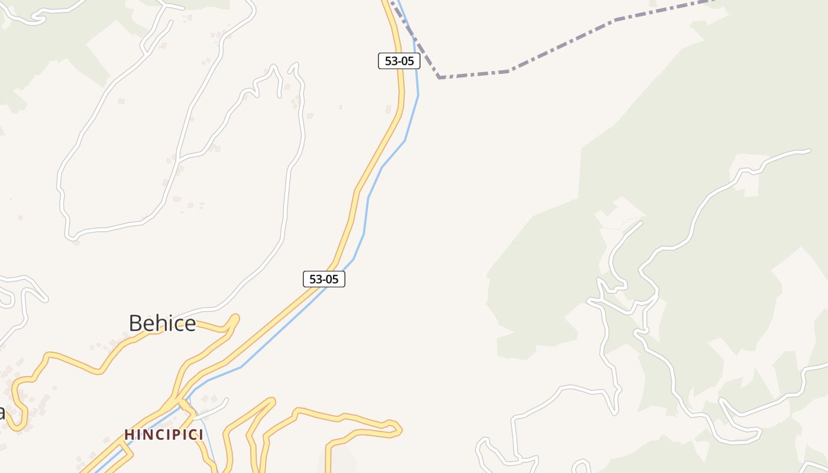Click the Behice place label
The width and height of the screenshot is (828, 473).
click(x=162, y=323)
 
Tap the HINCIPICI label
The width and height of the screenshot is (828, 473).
click(x=164, y=435)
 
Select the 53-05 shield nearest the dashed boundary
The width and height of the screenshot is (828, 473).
click(x=399, y=61)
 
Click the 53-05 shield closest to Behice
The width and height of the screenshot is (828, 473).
click(x=324, y=279)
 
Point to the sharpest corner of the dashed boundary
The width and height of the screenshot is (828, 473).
click(x=439, y=77)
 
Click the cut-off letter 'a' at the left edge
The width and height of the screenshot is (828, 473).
click(x=2, y=412)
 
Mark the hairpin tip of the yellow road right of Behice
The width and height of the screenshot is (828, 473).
click(x=236, y=318)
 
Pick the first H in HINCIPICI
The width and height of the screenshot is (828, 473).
click(x=128, y=435)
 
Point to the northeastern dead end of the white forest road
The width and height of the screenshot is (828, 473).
click(x=808, y=151)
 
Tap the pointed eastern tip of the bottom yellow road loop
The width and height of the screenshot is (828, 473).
click(x=400, y=429)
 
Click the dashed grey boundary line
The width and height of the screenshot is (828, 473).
click(x=562, y=47)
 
